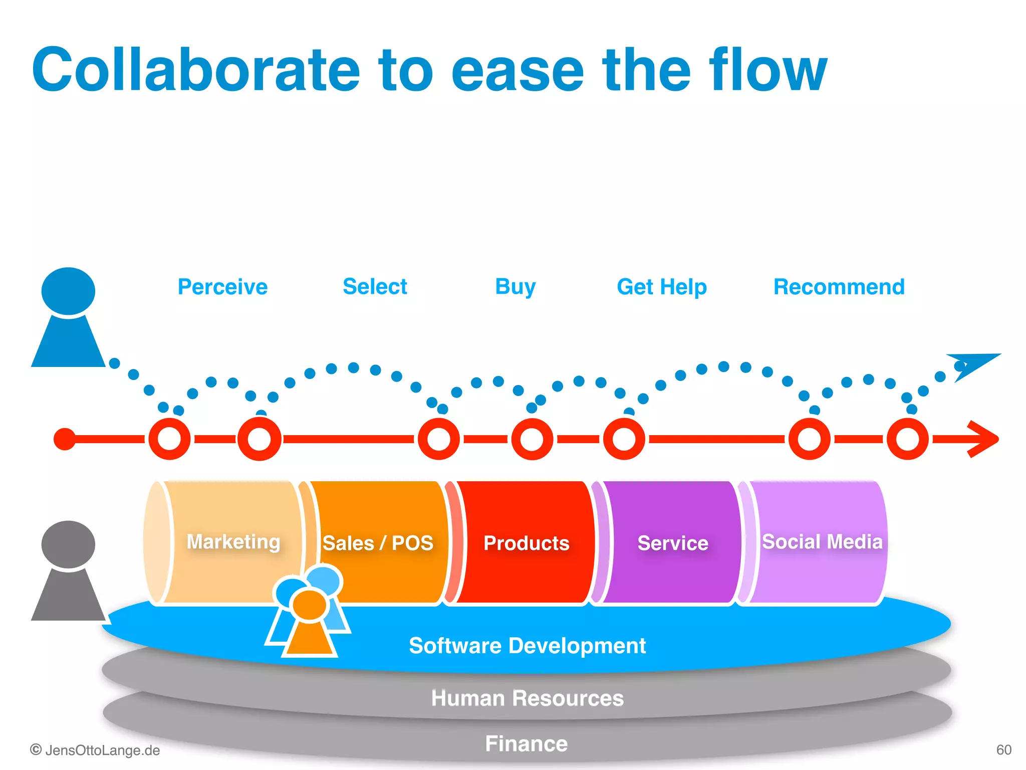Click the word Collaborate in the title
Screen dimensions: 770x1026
195,70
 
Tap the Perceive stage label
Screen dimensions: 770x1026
222,287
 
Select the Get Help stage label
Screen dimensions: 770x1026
661,287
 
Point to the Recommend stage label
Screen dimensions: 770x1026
839,287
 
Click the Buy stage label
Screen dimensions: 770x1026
515,287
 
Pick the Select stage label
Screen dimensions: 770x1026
375,287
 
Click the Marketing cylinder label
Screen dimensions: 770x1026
233,542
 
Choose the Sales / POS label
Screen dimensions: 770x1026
378,543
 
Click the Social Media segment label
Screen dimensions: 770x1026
822,542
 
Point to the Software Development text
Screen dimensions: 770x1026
527,646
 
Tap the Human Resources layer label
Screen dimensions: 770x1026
527,698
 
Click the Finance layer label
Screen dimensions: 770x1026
526,743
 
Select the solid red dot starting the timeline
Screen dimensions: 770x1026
65,439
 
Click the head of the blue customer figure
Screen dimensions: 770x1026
68,291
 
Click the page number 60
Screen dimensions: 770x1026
1003,750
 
